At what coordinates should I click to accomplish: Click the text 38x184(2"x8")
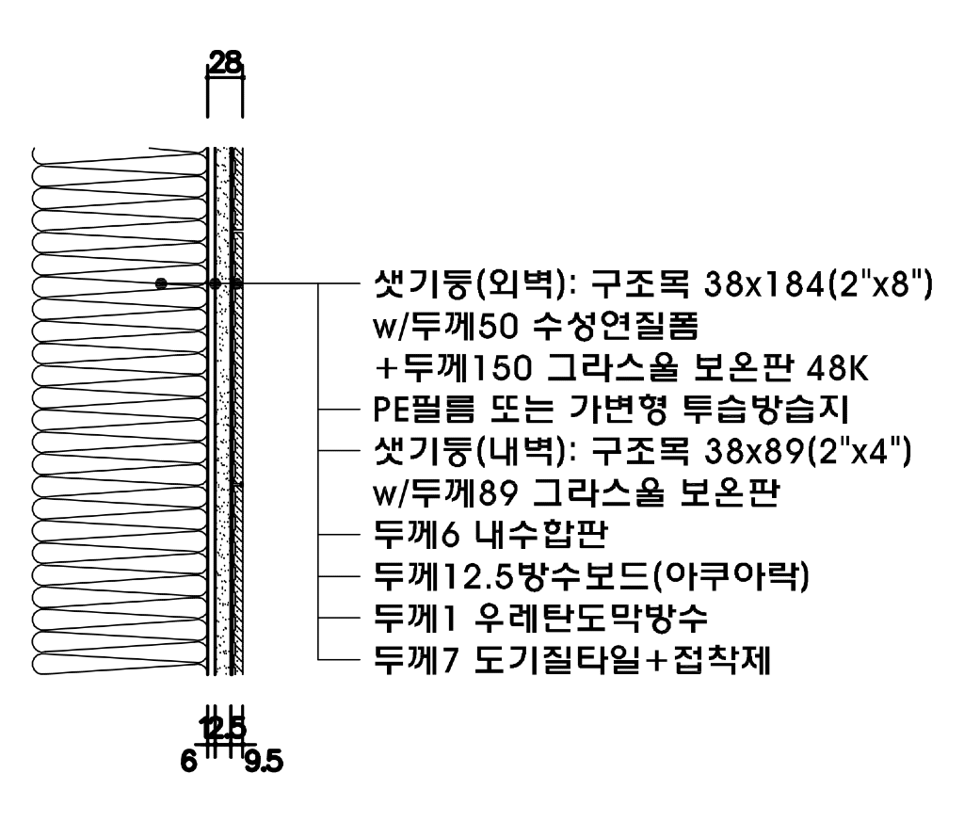pyautogui.click(x=815, y=282)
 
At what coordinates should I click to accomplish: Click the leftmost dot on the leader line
pyautogui.click(x=162, y=282)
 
